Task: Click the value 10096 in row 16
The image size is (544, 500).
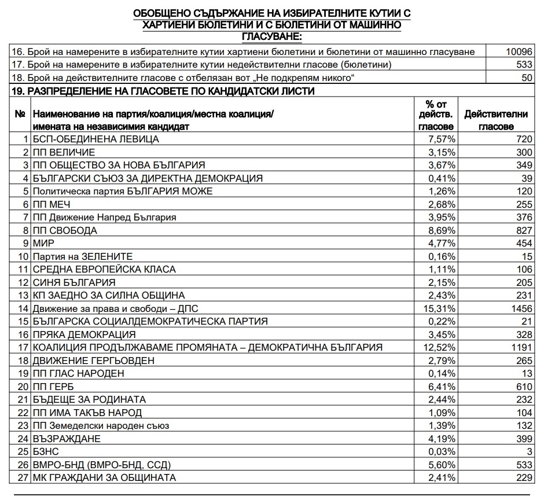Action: point(519,52)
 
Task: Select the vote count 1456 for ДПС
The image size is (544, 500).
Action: point(521,308)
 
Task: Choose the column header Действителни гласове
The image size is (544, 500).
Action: point(496,120)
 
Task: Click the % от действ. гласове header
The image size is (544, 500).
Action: point(437,115)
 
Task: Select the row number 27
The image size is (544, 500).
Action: point(24,477)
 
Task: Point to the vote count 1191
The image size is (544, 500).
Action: point(521,347)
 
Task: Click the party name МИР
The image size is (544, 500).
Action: point(43,243)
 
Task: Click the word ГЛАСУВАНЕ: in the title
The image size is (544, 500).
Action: point(271,36)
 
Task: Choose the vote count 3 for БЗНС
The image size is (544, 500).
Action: point(529,451)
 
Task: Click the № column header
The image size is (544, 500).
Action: point(20,115)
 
